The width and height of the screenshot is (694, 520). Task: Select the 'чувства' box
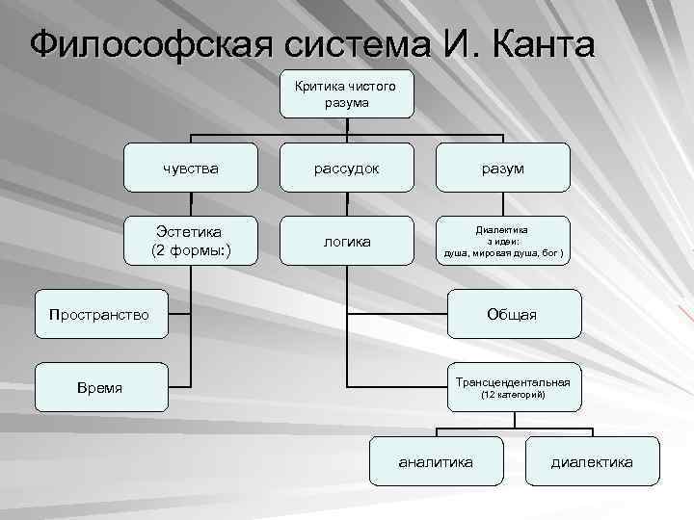pos(191,168)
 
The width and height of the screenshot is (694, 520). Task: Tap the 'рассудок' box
pos(346,168)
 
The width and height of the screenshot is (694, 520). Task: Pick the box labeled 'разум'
pos(503,168)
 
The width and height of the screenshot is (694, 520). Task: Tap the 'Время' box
pos(99,387)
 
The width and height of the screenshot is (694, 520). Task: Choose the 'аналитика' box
pos(437,462)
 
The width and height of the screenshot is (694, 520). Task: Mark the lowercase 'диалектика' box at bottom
pos(593,462)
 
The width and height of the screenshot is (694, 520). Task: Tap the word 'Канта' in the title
pos(538,45)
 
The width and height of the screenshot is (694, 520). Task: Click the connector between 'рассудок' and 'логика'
pos(346,203)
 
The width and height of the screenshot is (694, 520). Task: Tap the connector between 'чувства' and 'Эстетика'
pos(191,203)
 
